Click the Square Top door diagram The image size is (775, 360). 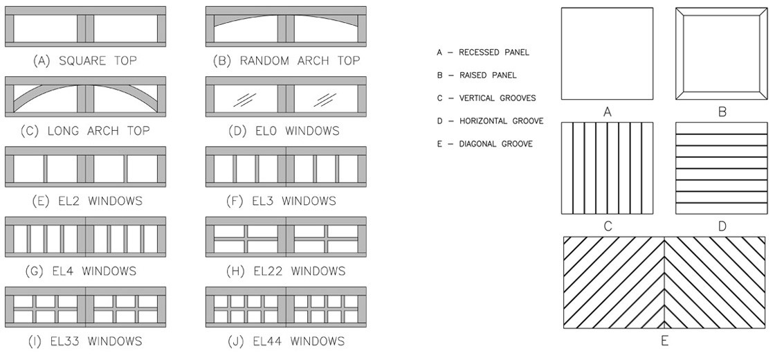(x=85, y=27)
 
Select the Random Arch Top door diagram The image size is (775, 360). (x=286, y=27)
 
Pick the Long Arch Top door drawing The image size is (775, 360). (x=85, y=97)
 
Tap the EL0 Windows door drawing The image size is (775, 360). (x=286, y=97)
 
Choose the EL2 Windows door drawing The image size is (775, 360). (x=85, y=167)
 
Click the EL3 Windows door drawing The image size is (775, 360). (x=286, y=167)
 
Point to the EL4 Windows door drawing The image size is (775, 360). (x=85, y=237)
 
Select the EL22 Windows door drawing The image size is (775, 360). (x=286, y=237)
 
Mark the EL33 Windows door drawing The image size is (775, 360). (x=85, y=307)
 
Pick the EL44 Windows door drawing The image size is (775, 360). (x=286, y=307)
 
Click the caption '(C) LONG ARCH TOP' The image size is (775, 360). (x=85, y=131)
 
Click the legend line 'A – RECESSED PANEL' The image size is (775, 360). (x=483, y=53)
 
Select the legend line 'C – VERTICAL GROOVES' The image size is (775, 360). (x=486, y=98)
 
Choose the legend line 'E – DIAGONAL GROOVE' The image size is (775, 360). (x=484, y=144)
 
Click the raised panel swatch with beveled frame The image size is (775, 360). (x=722, y=53)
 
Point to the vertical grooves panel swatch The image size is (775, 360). (x=608, y=168)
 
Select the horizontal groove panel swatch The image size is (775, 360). (x=722, y=168)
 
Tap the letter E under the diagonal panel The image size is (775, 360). (x=665, y=341)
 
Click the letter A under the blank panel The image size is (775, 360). (x=608, y=112)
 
